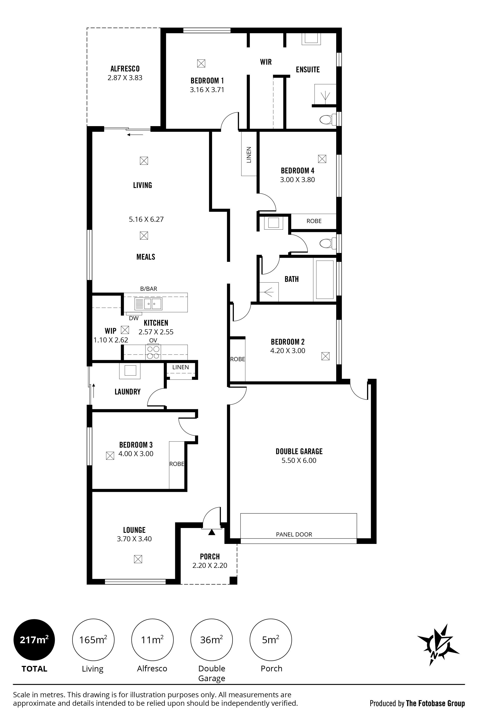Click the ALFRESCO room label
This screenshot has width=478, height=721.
(125, 69)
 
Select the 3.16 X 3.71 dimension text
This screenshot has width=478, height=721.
(207, 90)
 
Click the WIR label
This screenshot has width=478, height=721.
(266, 62)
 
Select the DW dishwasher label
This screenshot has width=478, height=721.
(134, 318)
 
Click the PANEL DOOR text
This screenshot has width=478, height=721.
(294, 534)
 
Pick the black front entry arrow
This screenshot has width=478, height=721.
(211, 532)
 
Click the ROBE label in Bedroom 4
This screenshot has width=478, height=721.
(314, 221)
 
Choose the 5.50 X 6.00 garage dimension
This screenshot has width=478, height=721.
(299, 460)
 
